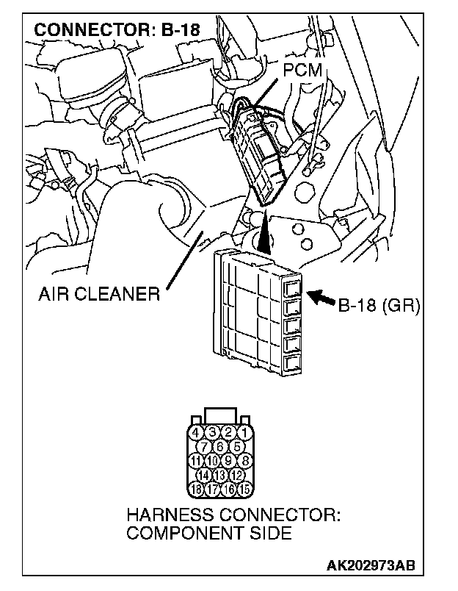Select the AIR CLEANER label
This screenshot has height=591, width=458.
[99, 295]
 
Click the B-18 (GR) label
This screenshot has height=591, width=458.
[379, 304]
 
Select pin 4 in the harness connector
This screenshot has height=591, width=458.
[197, 432]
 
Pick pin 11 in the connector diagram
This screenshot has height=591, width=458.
[196, 460]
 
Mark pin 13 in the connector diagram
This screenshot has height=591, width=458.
[219, 474]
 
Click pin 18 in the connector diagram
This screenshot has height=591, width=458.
[197, 488]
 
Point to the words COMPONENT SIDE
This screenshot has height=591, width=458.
[208, 533]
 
